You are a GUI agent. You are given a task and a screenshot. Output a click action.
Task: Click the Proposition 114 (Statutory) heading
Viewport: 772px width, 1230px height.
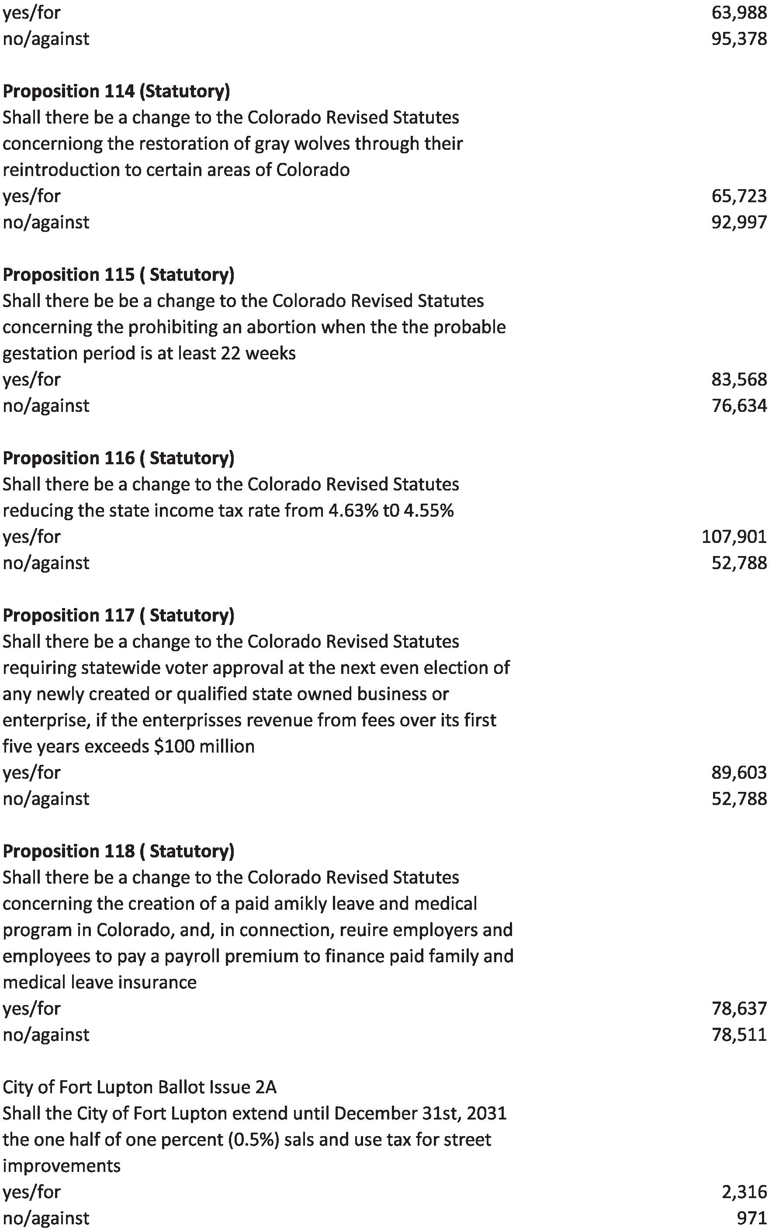pyautogui.click(x=116, y=91)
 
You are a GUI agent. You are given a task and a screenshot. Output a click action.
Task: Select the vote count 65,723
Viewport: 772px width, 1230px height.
pyautogui.click(x=739, y=196)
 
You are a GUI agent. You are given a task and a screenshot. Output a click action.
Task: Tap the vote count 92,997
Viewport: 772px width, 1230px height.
pyautogui.click(x=739, y=222)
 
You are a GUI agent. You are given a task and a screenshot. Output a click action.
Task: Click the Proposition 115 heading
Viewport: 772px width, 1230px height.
pyautogui.click(x=118, y=275)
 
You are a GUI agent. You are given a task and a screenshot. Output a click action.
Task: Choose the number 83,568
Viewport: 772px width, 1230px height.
pyautogui.click(x=739, y=379)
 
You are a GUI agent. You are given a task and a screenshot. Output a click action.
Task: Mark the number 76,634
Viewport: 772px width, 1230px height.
pyautogui.click(x=739, y=406)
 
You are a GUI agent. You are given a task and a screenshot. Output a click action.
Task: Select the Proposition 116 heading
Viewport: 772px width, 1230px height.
pyautogui.click(x=118, y=458)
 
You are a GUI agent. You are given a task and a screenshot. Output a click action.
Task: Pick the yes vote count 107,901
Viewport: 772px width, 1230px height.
pyautogui.click(x=734, y=536)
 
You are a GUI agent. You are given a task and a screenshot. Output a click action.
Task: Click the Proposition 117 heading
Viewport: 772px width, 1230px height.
pyautogui.click(x=118, y=615)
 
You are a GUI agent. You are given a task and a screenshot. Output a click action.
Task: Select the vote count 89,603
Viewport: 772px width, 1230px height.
pyautogui.click(x=739, y=772)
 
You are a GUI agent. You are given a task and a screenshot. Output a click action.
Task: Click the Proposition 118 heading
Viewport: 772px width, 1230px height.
pyautogui.click(x=118, y=851)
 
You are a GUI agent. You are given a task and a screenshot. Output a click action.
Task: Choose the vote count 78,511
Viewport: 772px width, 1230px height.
pyautogui.click(x=739, y=1034)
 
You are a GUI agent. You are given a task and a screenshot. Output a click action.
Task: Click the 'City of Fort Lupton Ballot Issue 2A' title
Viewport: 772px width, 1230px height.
pyautogui.click(x=139, y=1087)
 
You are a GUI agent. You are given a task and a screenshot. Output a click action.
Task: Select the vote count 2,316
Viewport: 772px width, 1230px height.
pyautogui.click(x=744, y=1192)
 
